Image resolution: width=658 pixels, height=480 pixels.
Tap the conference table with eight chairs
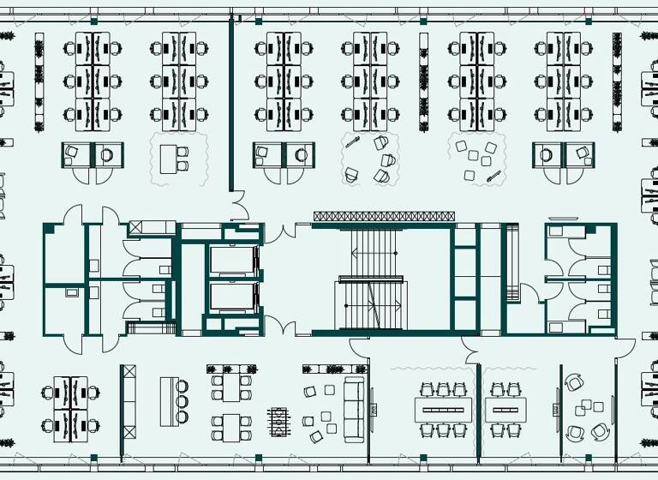tap(444, 410)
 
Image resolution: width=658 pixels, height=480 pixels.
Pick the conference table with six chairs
tap(505, 410)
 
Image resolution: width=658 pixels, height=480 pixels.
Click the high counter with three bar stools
tap(168, 400)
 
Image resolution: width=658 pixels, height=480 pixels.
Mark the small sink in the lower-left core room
tap(72, 292)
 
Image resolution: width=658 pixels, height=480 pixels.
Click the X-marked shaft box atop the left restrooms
tap(140, 228)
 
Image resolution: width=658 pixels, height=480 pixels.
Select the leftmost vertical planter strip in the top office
tap(39, 81)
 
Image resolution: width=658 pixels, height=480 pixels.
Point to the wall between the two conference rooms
tap(479, 410)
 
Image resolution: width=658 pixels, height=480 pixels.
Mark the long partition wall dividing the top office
tap(230, 103)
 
